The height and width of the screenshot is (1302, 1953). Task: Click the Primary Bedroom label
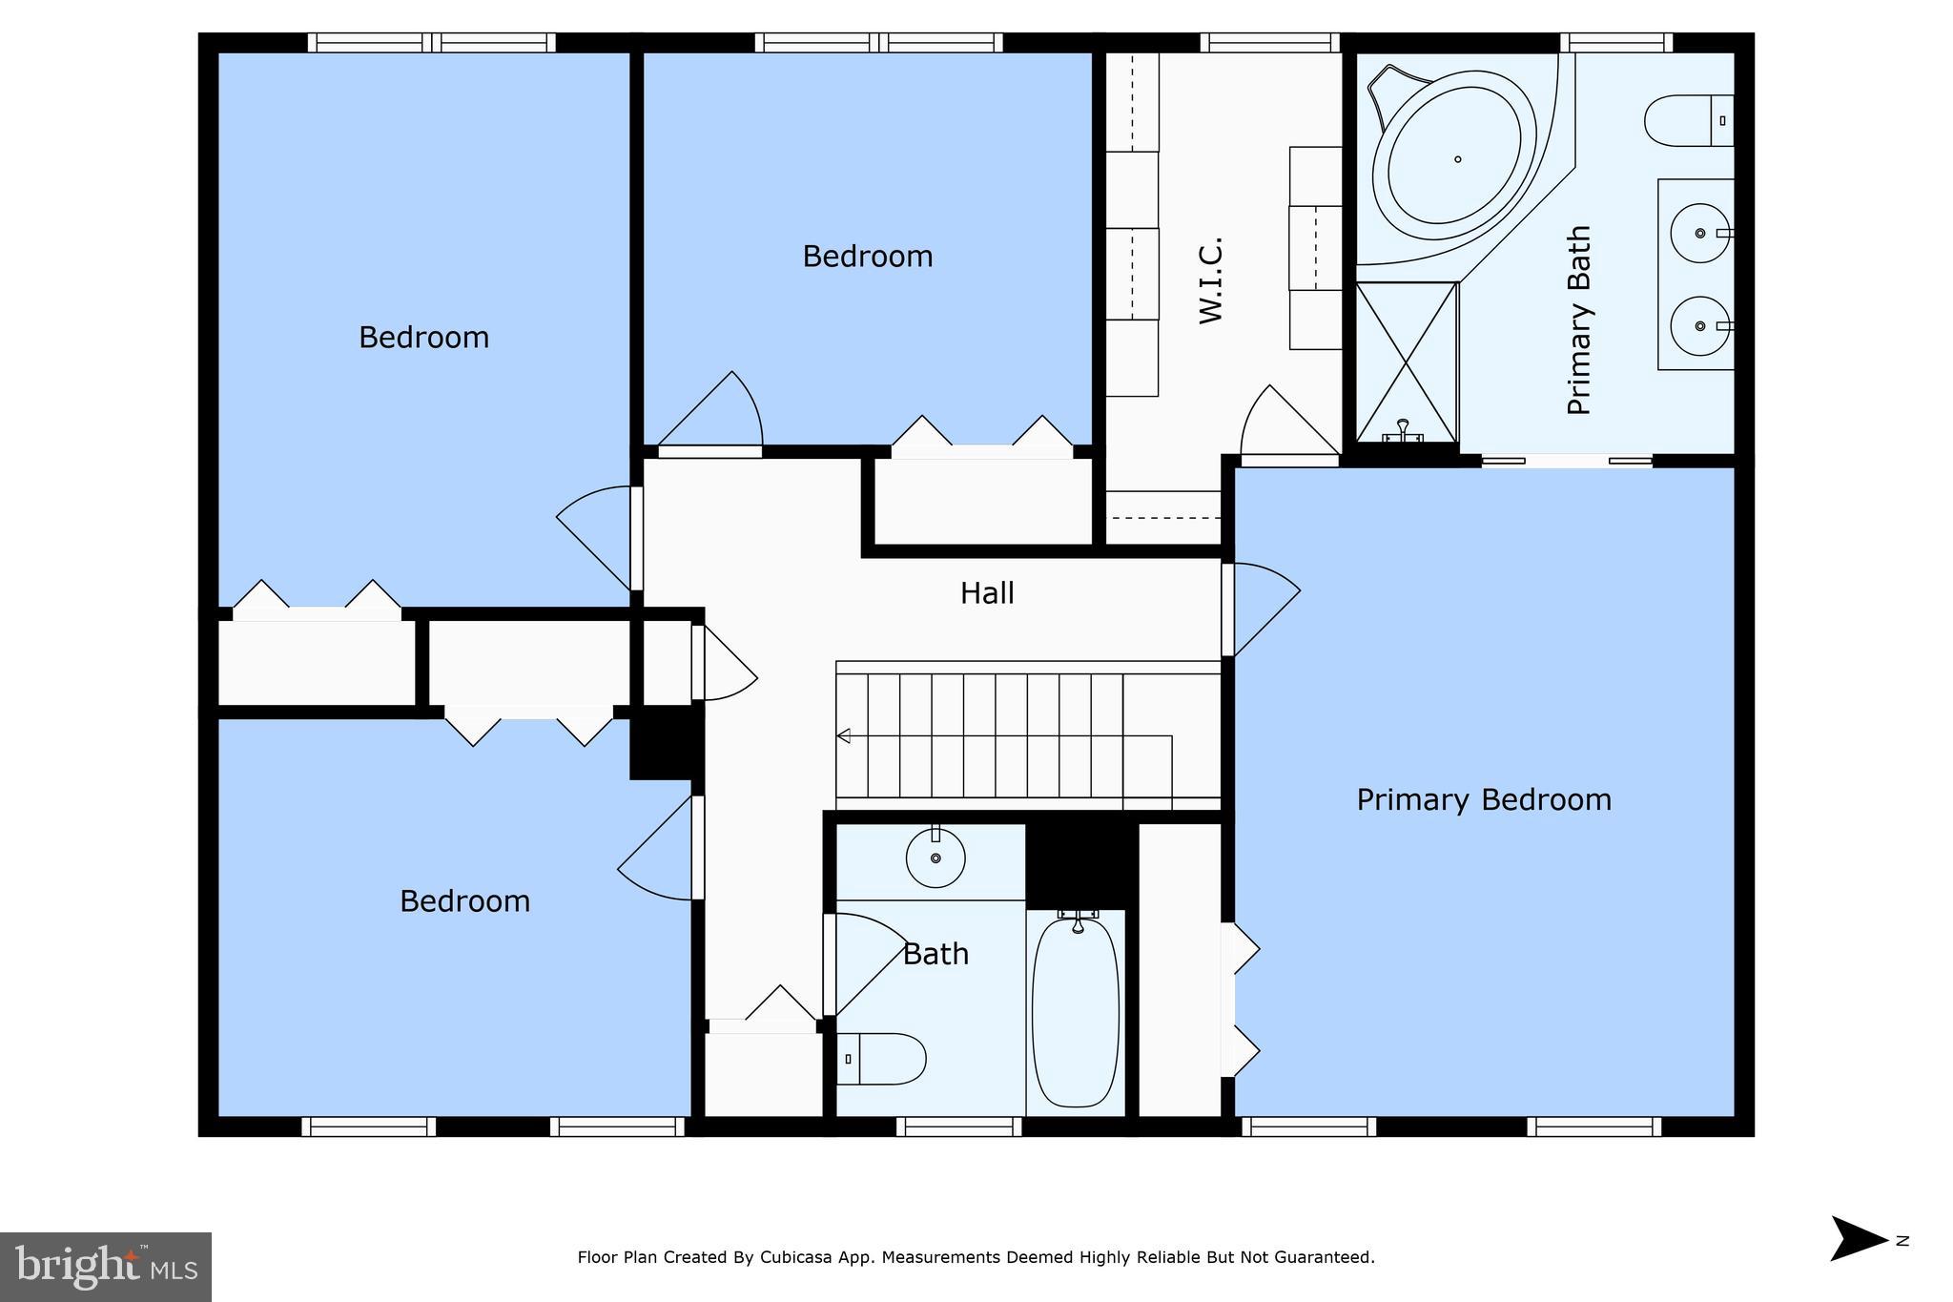(x=1484, y=799)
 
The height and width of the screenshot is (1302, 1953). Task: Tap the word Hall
(x=987, y=593)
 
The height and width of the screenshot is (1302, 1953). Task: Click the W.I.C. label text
(x=1210, y=280)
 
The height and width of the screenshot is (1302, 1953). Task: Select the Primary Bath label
(x=1579, y=320)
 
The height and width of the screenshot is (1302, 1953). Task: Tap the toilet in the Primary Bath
(x=1686, y=121)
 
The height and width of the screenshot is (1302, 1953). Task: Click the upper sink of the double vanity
(x=1699, y=233)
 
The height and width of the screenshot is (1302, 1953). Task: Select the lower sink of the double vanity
(x=1699, y=326)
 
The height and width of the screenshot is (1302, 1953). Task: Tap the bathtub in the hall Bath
(x=1076, y=1011)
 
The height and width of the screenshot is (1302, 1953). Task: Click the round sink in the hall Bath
(x=935, y=858)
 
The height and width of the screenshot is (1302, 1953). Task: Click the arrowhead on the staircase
(x=843, y=735)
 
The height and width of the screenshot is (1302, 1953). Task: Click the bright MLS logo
(x=106, y=1267)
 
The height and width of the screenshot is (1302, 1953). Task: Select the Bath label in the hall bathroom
(x=935, y=954)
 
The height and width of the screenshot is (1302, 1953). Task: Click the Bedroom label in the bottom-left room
(x=464, y=901)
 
